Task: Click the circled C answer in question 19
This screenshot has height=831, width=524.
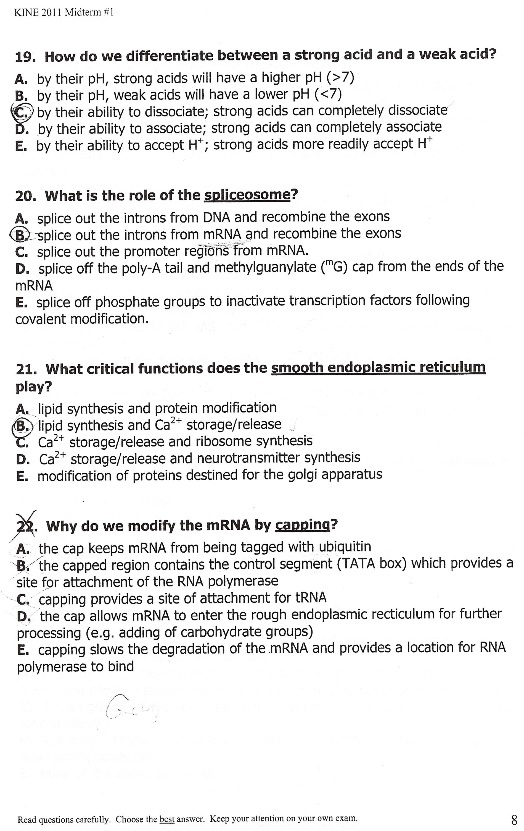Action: click(23, 113)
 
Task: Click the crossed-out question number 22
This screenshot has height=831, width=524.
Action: click(25, 527)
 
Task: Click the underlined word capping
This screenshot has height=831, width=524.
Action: click(303, 525)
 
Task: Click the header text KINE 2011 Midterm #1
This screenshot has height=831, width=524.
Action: click(64, 13)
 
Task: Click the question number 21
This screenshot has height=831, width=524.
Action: click(26, 370)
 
